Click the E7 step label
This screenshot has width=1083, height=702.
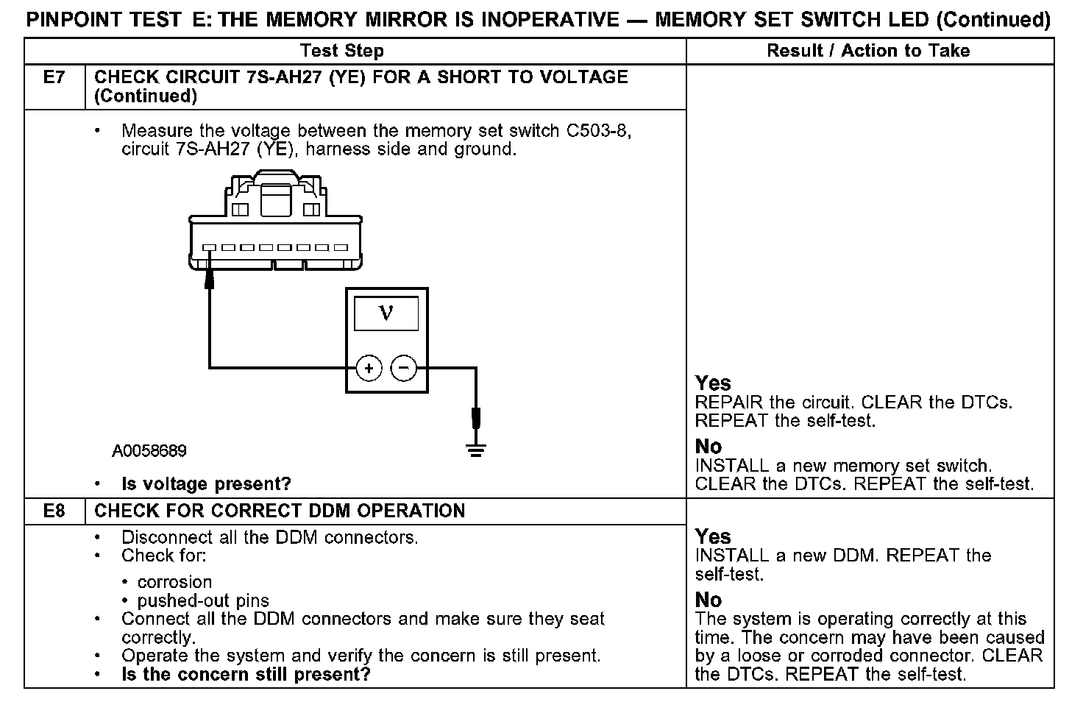(54, 77)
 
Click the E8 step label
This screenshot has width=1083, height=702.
(54, 511)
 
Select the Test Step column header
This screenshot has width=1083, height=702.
(342, 51)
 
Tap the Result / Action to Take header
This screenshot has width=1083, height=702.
(868, 51)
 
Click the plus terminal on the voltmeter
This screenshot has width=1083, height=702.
(369, 367)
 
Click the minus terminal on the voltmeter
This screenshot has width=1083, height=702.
(403, 367)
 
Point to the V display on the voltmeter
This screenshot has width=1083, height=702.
(386, 313)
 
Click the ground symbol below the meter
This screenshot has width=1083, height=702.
(476, 449)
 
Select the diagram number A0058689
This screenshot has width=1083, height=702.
(149, 450)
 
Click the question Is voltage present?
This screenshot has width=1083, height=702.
(206, 484)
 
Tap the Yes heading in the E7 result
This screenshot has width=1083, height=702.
(713, 383)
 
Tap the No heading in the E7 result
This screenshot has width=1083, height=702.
(709, 447)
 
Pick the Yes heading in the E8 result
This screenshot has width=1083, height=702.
(713, 536)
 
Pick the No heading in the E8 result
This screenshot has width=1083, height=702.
(709, 600)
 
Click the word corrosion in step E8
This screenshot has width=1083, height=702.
(174, 582)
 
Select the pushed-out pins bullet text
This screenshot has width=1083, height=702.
(203, 601)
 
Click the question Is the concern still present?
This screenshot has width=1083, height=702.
(246, 674)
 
